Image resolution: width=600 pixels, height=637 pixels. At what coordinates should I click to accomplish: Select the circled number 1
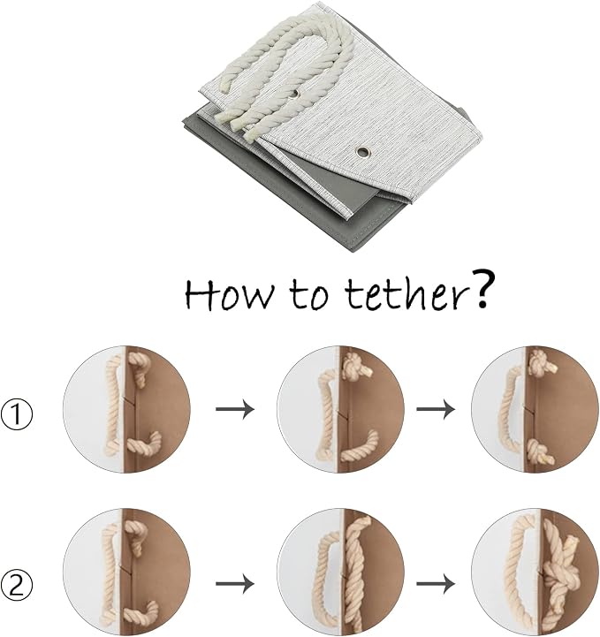point(17,414)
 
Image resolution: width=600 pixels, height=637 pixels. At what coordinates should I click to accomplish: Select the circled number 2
point(17,586)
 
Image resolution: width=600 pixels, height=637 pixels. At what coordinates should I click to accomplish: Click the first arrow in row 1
point(235,409)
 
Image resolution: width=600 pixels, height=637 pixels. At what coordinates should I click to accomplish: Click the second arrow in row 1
point(436,409)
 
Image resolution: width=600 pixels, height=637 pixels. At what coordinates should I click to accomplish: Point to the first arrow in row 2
point(235,584)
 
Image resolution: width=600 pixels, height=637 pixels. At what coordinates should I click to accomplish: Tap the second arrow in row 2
point(436,584)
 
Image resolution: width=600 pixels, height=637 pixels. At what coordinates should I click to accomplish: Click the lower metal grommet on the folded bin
point(363,152)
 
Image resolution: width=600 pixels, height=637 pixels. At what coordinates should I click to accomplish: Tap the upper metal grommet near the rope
point(294,94)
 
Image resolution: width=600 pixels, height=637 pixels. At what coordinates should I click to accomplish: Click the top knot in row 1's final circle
point(542,361)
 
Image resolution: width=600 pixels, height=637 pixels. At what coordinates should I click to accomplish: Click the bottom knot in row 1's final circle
point(540,451)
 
